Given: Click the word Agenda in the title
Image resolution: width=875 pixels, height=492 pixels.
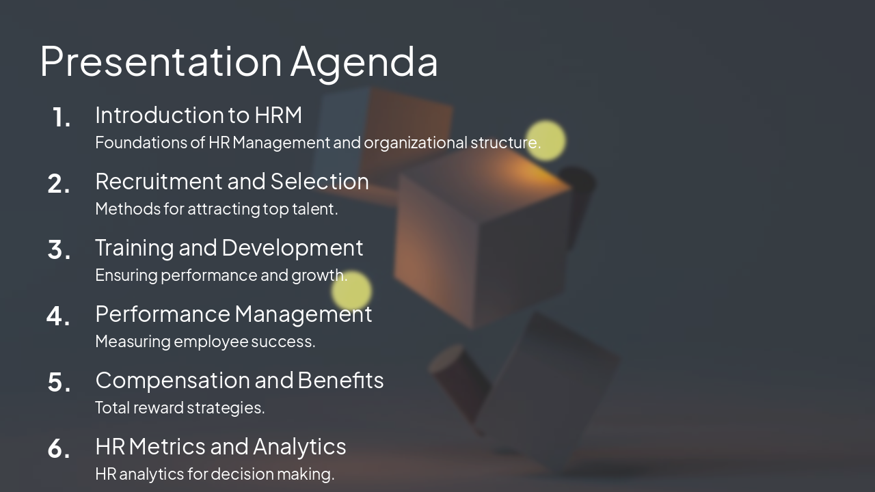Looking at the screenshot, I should [x=364, y=61].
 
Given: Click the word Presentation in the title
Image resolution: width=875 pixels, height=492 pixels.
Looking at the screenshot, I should [x=161, y=61].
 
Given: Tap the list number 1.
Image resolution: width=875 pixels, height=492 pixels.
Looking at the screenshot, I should [x=61, y=118].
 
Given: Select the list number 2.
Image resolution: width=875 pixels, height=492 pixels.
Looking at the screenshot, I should [x=59, y=184].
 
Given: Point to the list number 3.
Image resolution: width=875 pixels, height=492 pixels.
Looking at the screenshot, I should [x=59, y=250].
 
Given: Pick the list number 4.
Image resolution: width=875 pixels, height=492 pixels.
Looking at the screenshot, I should [x=58, y=316].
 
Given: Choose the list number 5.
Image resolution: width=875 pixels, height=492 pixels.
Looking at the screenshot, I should [x=59, y=383].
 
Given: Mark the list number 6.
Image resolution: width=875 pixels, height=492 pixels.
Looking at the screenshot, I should [x=59, y=449].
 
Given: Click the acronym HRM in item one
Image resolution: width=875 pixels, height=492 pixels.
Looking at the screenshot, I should [x=278, y=115].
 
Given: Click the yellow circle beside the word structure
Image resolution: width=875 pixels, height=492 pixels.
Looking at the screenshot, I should [x=546, y=141].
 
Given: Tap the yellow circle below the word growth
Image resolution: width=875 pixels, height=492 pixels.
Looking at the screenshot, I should [x=351, y=291].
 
